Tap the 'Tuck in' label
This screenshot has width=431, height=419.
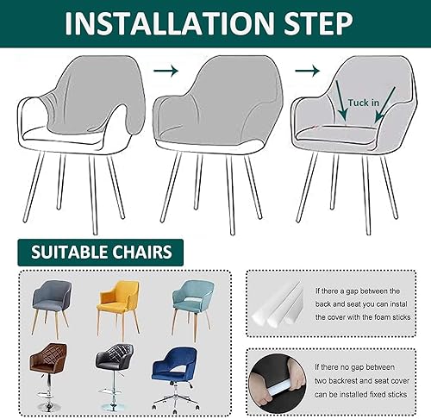363,103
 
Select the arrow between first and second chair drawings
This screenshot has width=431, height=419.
166,71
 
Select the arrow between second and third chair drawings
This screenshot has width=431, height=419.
307,71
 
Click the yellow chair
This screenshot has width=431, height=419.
118,310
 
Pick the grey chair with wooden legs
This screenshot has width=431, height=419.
51,308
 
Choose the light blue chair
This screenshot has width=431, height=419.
193,308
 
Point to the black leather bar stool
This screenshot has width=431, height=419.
115,377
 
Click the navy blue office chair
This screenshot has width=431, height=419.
175,378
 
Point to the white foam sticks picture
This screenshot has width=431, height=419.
278,304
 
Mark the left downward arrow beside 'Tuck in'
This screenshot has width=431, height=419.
342,101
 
